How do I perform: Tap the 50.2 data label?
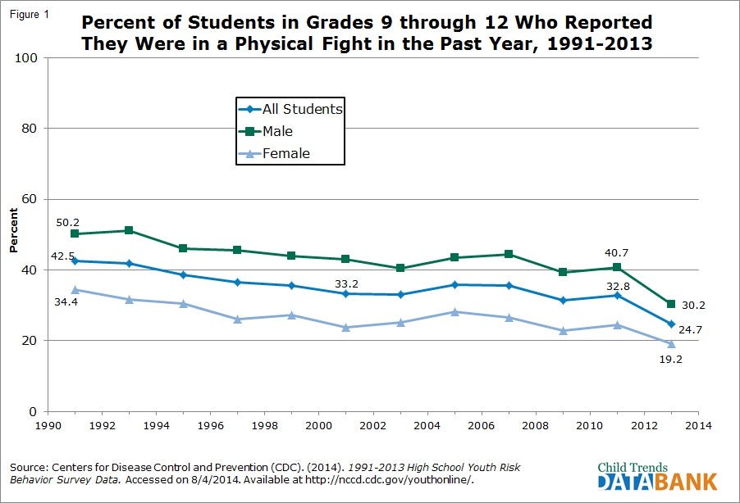(67, 222)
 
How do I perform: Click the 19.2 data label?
(671, 358)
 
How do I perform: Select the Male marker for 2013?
(671, 304)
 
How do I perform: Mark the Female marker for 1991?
(75, 289)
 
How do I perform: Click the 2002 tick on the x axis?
(373, 426)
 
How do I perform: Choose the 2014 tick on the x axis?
(697, 426)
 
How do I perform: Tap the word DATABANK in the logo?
(657, 481)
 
